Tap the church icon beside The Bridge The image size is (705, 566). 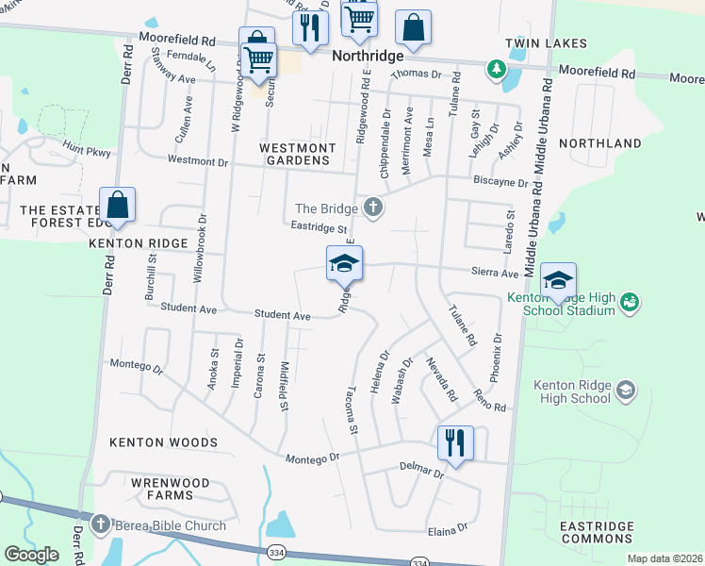click(x=373, y=208)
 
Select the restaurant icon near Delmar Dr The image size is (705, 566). click(x=455, y=441)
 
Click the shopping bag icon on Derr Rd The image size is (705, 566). click(x=117, y=205)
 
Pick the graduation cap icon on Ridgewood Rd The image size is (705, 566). click(x=344, y=263)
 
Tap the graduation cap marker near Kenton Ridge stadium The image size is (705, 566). click(x=558, y=280)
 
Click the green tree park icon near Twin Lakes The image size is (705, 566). click(x=494, y=70)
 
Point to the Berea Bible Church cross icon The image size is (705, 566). click(x=101, y=524)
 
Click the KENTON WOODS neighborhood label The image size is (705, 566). click(x=163, y=442)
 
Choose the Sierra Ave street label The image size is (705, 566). click(x=496, y=274)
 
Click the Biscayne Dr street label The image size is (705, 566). click(x=500, y=183)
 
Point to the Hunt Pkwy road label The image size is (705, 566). click(x=87, y=151)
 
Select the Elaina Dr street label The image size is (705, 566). click(x=448, y=530)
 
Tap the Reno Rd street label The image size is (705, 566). click(x=490, y=400)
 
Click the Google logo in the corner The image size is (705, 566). click(x=31, y=555)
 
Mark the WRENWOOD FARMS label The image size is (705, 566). click(x=163, y=487)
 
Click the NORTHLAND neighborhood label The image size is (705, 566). click(x=599, y=143)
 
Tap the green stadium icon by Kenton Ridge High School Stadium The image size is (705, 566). click(x=630, y=302)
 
